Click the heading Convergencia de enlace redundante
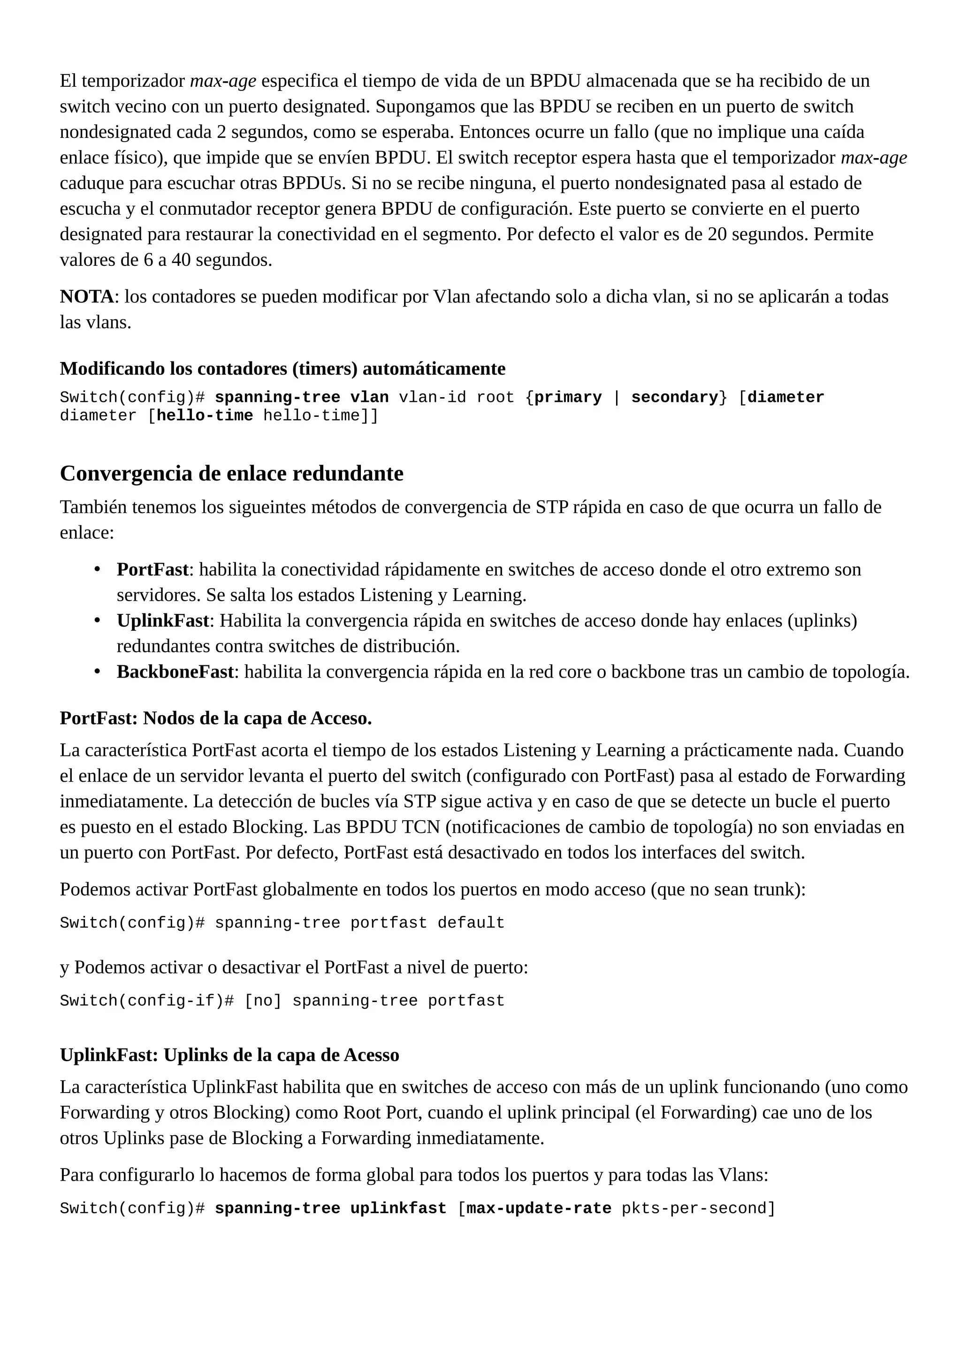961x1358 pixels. [x=231, y=474]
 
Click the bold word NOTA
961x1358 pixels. [x=86, y=296]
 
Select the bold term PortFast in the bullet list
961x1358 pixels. [x=152, y=570]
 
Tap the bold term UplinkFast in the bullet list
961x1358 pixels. [x=163, y=620]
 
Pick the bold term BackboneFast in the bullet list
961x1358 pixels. [x=175, y=672]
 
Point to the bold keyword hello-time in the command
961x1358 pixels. [x=204, y=416]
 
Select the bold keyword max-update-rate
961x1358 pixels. [x=539, y=1208]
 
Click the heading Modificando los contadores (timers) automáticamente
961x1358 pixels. [x=282, y=369]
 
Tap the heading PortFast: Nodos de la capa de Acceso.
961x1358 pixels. [x=215, y=718]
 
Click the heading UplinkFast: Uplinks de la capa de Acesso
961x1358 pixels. [x=229, y=1055]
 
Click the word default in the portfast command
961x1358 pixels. [x=471, y=923]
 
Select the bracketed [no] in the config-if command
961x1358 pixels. [x=263, y=1001]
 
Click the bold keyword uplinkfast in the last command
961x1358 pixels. [x=398, y=1208]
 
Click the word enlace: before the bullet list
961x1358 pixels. [x=86, y=533]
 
